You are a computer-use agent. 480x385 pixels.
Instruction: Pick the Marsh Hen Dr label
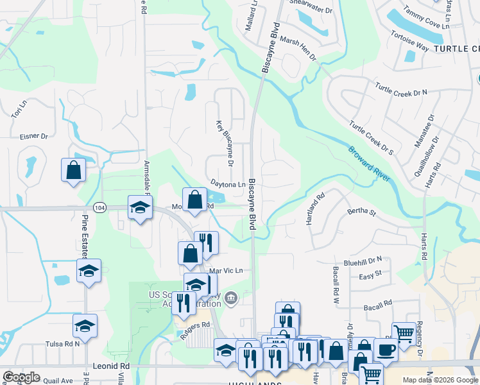coord(298,48)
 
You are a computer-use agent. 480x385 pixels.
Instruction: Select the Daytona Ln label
coord(228,184)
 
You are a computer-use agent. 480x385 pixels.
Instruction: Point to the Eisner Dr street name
coord(34,136)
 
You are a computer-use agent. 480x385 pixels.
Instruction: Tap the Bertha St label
coord(361,211)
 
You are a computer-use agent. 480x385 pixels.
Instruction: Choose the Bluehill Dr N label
coord(363,261)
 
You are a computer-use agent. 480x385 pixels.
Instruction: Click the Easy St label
coord(370,273)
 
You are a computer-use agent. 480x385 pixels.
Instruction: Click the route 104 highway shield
coord(99,208)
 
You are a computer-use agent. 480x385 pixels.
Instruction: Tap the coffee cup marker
coord(386,350)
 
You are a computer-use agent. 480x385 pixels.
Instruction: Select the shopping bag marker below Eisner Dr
coord(73,171)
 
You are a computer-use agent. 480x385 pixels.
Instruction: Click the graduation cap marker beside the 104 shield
coord(140,207)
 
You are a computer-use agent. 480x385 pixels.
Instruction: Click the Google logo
coord(21,377)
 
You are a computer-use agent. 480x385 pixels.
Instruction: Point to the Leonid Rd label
coord(116,366)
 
